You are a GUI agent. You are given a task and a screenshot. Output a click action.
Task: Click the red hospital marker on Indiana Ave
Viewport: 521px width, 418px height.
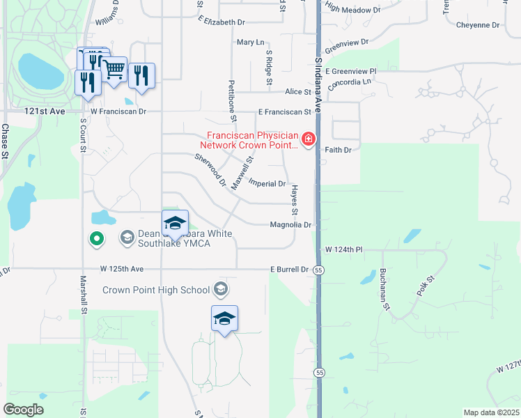click(308, 140)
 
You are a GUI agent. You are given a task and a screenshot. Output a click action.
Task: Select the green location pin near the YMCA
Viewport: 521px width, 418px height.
click(97, 239)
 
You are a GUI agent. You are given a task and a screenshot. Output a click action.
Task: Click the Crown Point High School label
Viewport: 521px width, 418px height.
click(156, 289)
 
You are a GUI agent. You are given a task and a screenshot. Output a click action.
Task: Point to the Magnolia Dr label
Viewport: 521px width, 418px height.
click(294, 225)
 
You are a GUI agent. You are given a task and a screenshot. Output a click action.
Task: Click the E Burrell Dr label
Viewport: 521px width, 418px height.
click(289, 270)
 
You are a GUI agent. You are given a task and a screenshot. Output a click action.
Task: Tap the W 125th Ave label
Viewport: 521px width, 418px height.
click(121, 268)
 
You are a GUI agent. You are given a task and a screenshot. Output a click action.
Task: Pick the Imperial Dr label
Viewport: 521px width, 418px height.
click(267, 184)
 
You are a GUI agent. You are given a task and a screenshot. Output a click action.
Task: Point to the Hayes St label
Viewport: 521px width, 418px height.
click(295, 200)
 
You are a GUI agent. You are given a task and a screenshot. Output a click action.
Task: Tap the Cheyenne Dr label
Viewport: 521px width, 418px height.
click(478, 25)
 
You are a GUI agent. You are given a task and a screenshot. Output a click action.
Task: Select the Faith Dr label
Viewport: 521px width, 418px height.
click(338, 149)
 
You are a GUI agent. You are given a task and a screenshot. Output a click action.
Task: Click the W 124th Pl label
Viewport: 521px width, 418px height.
click(345, 249)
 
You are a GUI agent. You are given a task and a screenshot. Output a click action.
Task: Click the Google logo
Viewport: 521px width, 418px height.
click(24, 410)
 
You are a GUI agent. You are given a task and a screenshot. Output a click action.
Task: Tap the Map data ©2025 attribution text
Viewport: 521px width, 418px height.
click(491, 412)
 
